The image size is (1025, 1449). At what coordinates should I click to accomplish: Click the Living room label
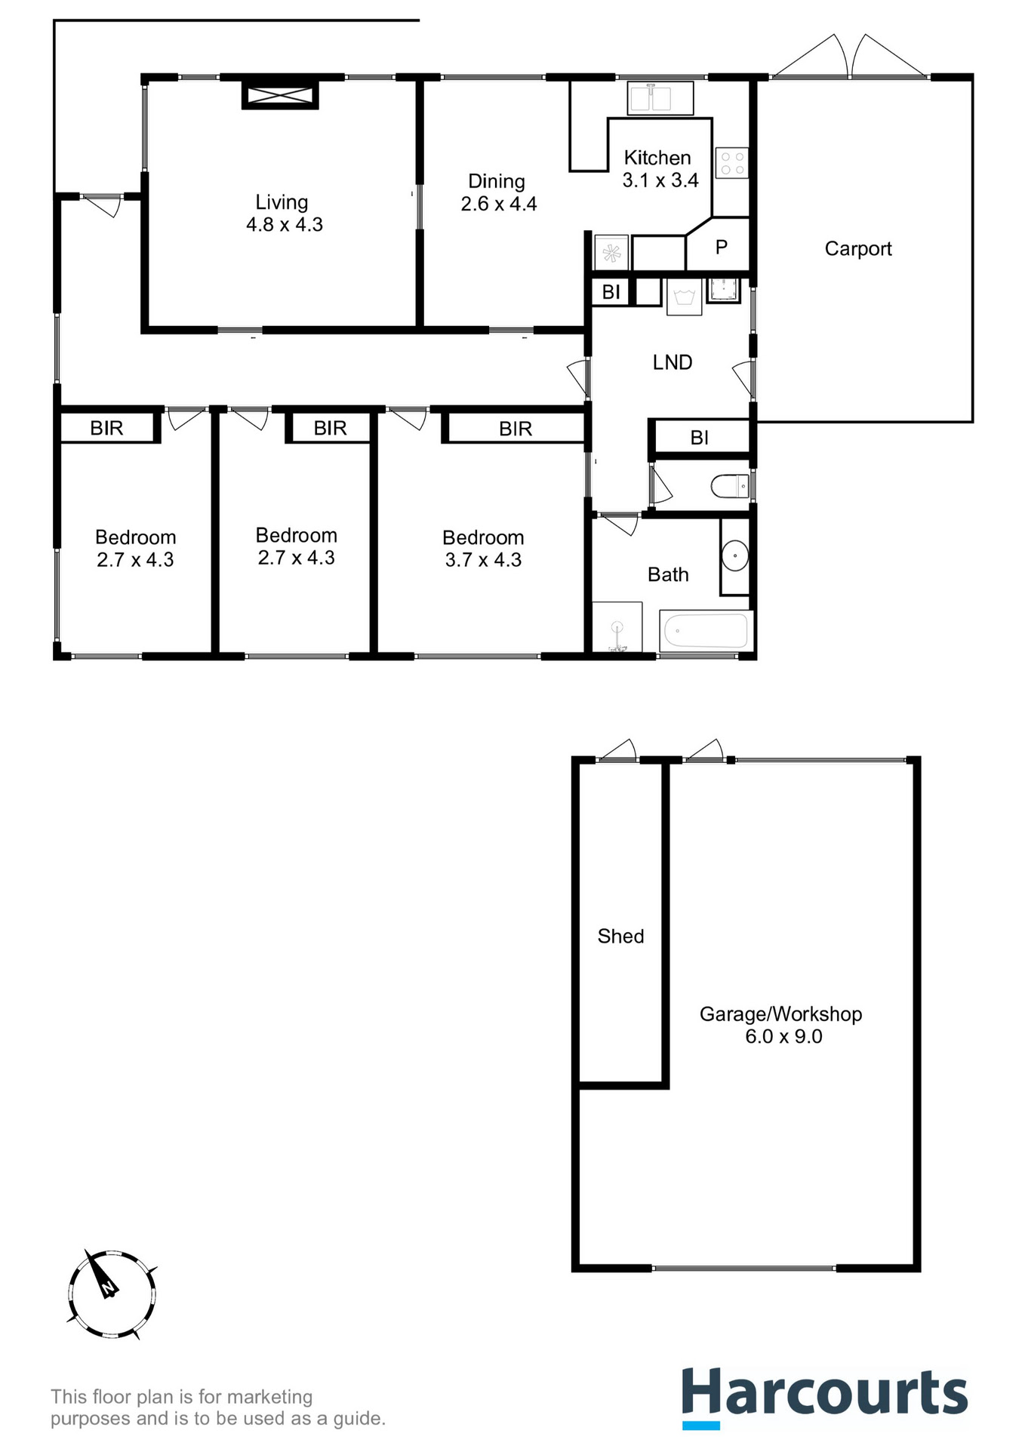tap(282, 202)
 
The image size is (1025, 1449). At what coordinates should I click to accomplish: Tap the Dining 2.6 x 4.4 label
tap(498, 192)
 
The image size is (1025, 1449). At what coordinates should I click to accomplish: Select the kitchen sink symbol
tap(660, 98)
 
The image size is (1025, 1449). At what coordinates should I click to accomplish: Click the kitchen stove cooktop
tap(731, 163)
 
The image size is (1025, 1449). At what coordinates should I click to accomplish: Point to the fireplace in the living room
tap(280, 95)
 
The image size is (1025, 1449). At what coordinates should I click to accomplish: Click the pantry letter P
tap(722, 247)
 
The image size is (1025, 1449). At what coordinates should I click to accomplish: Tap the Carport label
tap(858, 249)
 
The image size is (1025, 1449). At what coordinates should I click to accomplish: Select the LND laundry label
tap(673, 363)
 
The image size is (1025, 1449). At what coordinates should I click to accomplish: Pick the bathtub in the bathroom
tap(706, 630)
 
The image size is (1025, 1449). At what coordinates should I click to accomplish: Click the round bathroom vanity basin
tap(734, 556)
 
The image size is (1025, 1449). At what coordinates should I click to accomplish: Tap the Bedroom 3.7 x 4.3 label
tap(483, 549)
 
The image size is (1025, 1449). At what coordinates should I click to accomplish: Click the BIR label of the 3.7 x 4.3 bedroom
tap(516, 429)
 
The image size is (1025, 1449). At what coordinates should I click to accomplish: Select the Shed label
tap(620, 937)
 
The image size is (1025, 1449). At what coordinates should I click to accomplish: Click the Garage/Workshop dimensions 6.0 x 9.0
tap(783, 1037)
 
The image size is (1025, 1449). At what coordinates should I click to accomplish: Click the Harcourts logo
tap(824, 1397)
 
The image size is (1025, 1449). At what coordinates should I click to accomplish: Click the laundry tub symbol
tap(684, 296)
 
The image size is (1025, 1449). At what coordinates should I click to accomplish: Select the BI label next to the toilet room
tap(699, 438)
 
